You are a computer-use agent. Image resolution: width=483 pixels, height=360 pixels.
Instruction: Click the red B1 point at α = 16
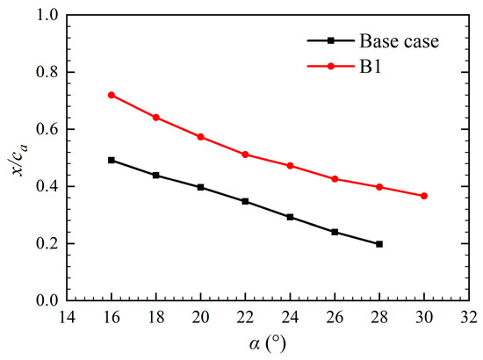point(112,95)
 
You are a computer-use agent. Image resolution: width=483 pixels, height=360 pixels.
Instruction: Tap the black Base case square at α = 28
point(379,244)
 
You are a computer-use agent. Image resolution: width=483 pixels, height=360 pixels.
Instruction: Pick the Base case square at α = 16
point(112,160)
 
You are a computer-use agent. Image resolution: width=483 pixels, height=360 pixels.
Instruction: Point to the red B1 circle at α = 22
point(245,155)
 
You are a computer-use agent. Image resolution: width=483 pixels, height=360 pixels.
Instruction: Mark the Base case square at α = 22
point(245,201)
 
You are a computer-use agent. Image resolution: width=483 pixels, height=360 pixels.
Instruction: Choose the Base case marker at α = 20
point(200,187)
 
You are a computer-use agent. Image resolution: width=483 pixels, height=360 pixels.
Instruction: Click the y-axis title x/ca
point(18,158)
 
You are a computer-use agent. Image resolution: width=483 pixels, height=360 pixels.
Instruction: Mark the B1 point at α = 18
point(156,118)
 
